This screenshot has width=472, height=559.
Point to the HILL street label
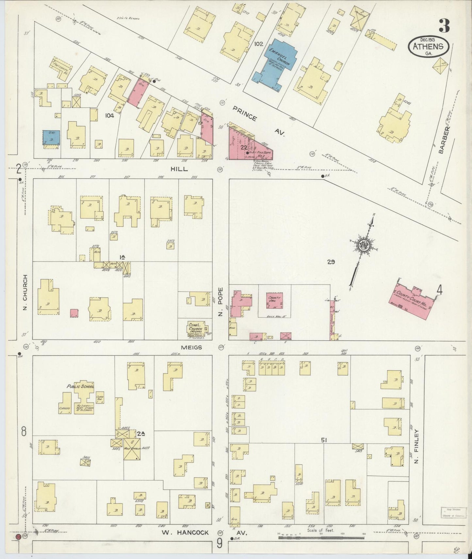[x=179, y=169]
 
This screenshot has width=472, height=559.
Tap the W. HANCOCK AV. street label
[x=203, y=533]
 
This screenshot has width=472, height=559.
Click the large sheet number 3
[x=444, y=26]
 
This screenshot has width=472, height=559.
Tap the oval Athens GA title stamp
[x=428, y=48]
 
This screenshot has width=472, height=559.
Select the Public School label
[x=80, y=386]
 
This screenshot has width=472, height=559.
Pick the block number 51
[x=324, y=440]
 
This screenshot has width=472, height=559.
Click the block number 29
[x=331, y=262]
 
